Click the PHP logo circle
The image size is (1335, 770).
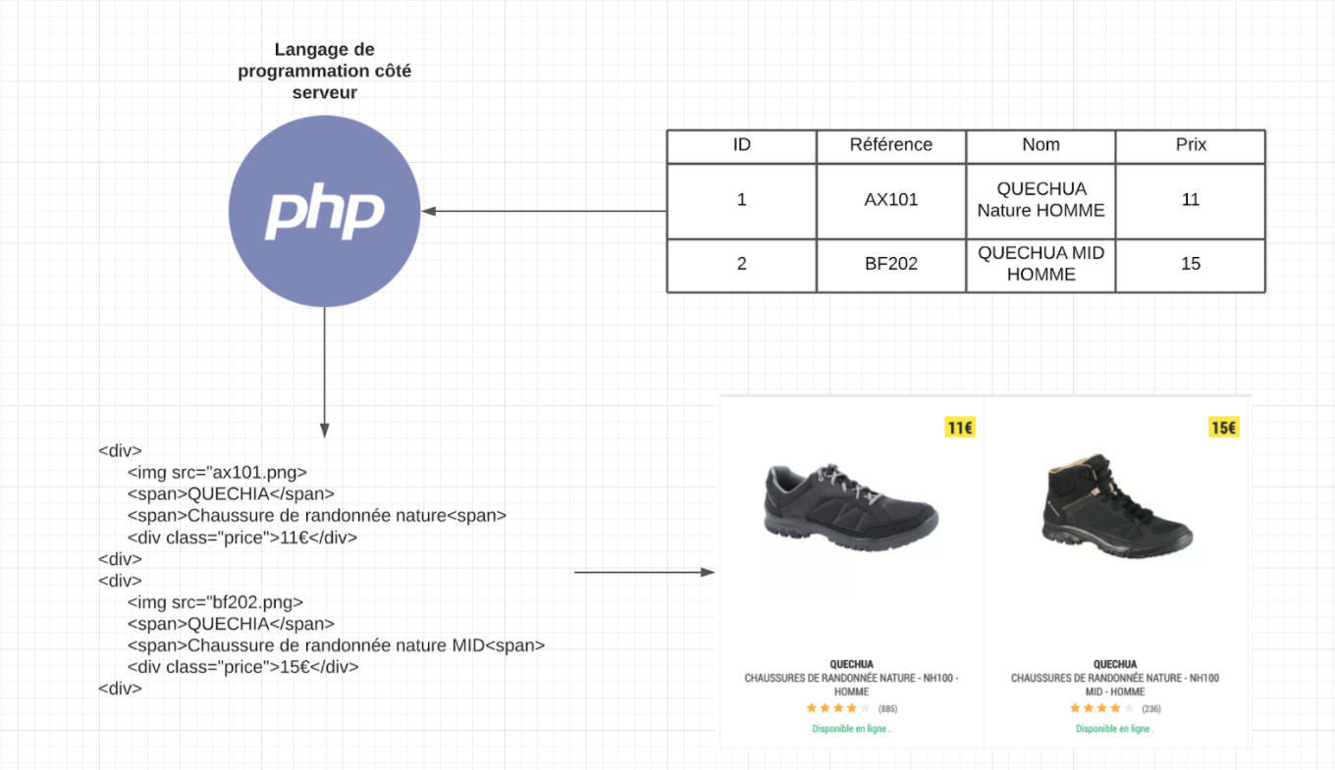point(324,211)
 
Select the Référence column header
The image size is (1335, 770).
point(891,145)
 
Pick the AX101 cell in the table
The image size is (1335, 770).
point(891,200)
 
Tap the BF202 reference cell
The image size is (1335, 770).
point(891,264)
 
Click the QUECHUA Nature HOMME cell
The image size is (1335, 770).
point(1041,200)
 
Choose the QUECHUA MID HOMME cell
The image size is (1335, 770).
point(1041,264)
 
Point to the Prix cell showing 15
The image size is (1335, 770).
point(1191,264)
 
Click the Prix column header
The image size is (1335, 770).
point(1191,145)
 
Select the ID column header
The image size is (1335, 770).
point(742,145)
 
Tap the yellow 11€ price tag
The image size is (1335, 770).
point(959,428)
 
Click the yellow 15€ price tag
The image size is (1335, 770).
point(1223,428)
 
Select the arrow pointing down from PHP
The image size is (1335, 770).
point(324,373)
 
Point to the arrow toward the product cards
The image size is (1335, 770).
point(643,572)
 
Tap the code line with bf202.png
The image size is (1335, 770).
point(215,602)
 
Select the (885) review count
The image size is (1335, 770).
point(887,708)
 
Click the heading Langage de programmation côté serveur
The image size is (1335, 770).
point(324,71)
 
